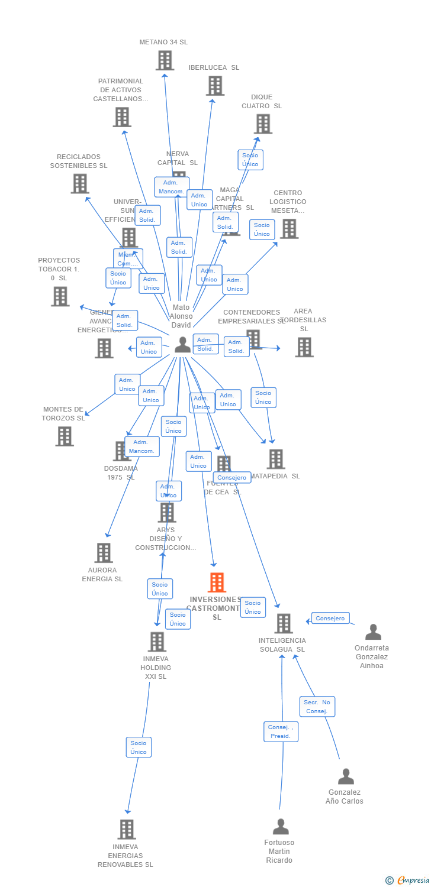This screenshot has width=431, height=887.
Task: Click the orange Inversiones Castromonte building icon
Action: click(x=217, y=582)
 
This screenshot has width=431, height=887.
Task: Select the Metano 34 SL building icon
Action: click(x=165, y=60)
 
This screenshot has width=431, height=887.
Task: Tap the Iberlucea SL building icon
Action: click(x=215, y=86)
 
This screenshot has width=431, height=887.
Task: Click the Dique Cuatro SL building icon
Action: click(x=263, y=124)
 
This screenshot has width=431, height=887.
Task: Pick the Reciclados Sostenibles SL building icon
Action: click(x=80, y=184)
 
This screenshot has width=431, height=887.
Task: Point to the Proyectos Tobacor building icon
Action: click(x=60, y=296)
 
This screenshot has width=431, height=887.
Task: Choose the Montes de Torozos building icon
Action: click(x=65, y=436)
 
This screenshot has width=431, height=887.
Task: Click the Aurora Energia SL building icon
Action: click(x=103, y=553)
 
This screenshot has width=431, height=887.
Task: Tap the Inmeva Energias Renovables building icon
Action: click(x=126, y=830)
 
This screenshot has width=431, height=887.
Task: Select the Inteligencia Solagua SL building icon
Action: click(x=284, y=623)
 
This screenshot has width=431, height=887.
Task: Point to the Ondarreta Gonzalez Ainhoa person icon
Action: click(x=373, y=632)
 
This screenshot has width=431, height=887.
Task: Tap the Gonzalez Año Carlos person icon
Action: click(x=346, y=776)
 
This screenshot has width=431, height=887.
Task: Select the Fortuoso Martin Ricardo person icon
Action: click(x=281, y=827)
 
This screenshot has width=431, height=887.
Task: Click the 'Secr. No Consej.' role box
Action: click(x=317, y=707)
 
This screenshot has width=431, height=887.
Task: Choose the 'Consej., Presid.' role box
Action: click(x=281, y=731)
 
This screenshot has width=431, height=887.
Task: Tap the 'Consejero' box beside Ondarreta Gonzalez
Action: click(x=330, y=619)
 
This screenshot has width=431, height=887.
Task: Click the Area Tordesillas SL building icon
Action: click(x=304, y=347)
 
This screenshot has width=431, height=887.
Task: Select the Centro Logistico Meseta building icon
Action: click(x=289, y=229)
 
